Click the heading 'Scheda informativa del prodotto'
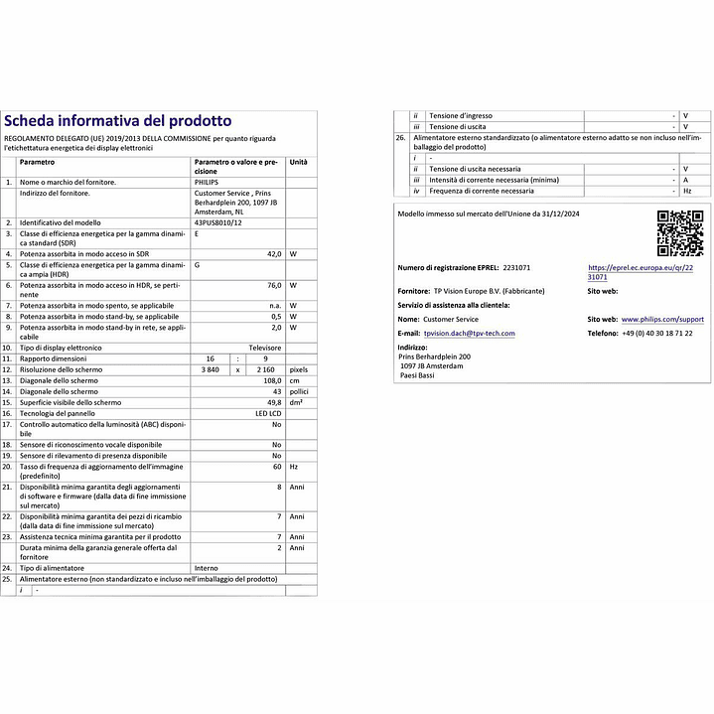tap(118, 120)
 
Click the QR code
tap(680, 234)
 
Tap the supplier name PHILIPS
tap(207, 183)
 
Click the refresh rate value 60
tap(276, 466)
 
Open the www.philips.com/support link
tap(662, 320)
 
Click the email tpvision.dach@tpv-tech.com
tap(469, 334)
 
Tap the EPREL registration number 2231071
tap(516, 268)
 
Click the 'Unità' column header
tap(298, 162)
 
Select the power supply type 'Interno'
tap(207, 568)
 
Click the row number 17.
tap(9, 424)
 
